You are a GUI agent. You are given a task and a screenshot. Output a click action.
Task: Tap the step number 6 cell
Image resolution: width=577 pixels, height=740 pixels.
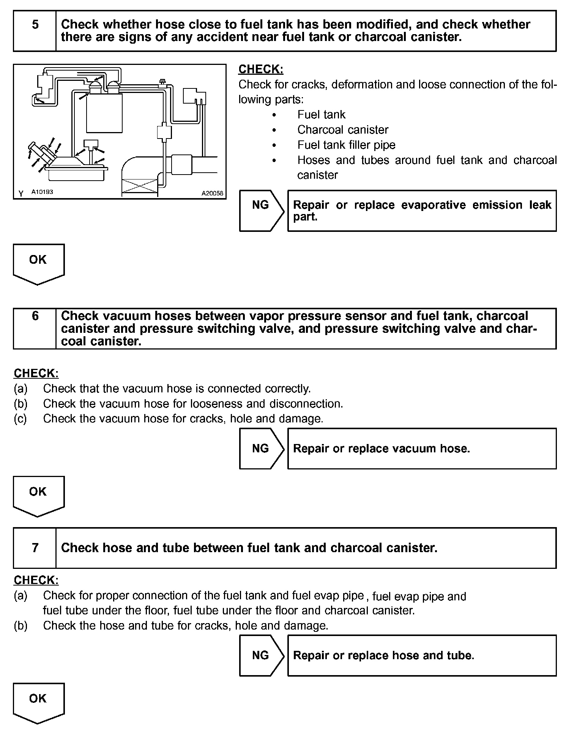coord(35,328)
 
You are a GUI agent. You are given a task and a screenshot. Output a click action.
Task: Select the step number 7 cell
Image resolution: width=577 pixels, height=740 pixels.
coord(35,548)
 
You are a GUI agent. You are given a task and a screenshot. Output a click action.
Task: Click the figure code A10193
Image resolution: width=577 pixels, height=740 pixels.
coord(42,192)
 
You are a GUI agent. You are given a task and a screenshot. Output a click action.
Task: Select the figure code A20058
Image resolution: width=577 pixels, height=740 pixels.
coord(212,193)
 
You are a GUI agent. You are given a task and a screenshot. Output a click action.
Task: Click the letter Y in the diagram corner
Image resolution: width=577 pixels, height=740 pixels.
coord(21,194)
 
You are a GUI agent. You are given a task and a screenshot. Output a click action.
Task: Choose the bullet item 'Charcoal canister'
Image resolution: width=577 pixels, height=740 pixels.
coord(343,130)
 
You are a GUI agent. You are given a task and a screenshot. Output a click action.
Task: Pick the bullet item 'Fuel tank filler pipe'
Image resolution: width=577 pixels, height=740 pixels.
coord(346,145)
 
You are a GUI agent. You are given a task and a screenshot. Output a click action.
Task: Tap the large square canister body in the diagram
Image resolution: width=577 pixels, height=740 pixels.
coord(104,113)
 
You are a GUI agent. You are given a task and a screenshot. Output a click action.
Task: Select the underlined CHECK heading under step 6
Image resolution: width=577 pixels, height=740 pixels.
coord(36,373)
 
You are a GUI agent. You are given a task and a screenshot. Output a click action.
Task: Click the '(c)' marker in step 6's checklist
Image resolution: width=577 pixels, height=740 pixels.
coord(20,419)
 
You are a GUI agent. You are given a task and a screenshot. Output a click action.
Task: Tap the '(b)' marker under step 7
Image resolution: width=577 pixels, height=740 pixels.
coord(20,625)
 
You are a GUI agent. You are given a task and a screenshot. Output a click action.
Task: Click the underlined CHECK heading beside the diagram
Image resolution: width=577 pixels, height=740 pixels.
coord(261,69)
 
